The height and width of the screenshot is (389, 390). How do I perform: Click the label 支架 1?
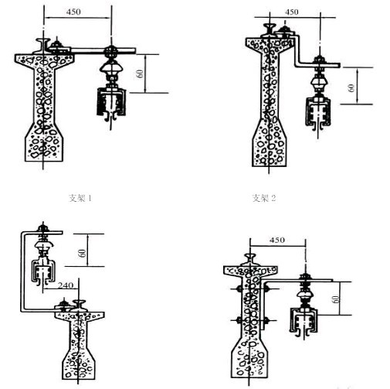coord(80,198)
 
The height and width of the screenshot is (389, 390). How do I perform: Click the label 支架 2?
coord(264,198)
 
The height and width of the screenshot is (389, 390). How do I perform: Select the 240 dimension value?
coord(66,285)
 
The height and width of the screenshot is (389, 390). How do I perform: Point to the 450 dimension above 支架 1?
coord(73,12)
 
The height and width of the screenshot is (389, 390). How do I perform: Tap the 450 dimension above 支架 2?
coord(292,12)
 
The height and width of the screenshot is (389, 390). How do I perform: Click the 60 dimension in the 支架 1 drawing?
coord(140,73)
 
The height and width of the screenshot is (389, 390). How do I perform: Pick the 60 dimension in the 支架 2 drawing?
coord(351,87)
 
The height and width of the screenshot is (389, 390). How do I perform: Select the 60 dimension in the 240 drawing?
coord(83,253)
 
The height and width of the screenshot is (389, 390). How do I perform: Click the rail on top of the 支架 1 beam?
coord(42,46)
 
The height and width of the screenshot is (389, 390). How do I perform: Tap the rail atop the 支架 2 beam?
coord(270,30)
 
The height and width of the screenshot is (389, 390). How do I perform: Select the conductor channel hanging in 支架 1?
coord(111,103)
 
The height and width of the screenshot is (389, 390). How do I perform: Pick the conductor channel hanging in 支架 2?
coord(318,112)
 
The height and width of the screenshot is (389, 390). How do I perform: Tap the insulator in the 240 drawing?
coord(44,248)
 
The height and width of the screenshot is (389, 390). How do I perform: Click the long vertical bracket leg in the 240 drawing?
coord(22,271)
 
